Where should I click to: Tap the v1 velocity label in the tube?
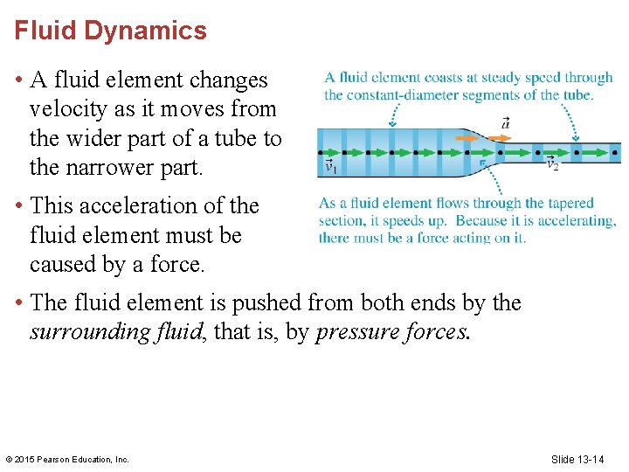(331, 166)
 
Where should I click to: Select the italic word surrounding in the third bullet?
(89, 332)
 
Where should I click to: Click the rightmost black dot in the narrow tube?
(615, 152)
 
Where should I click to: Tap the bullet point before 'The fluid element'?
(19, 303)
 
